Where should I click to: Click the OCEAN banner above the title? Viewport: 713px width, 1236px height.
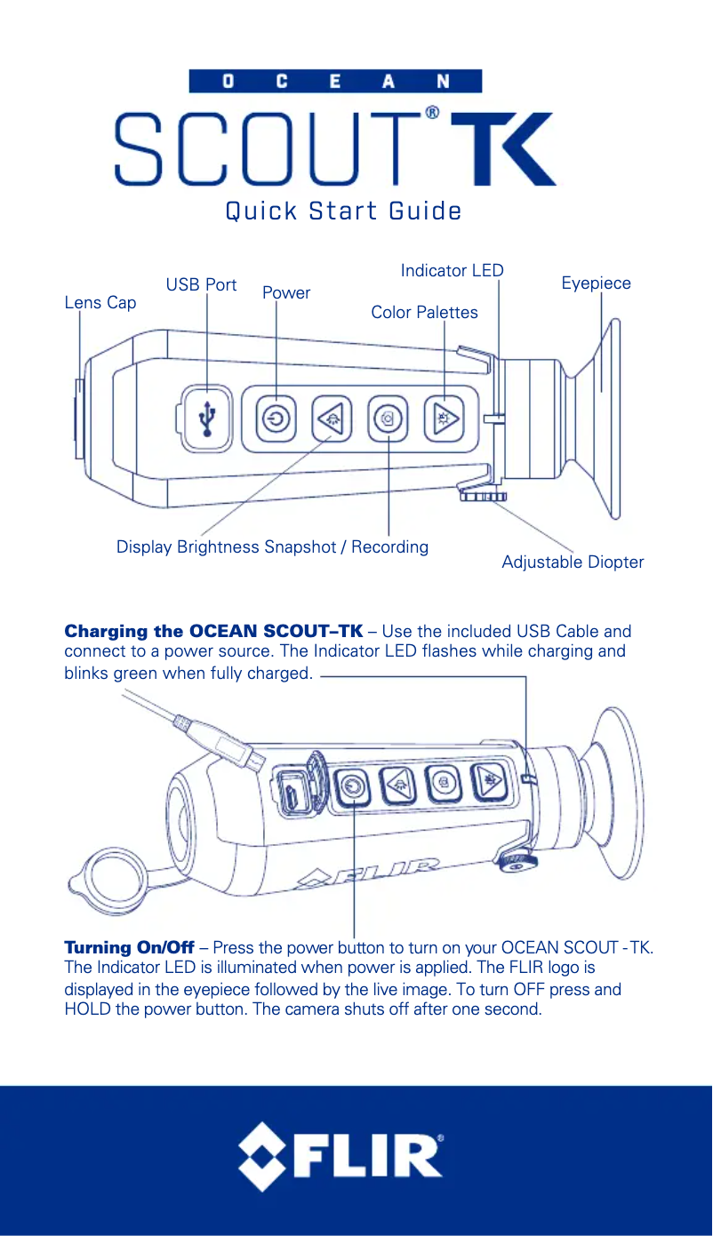click(335, 82)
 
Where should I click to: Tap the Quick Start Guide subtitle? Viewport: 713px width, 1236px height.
click(343, 211)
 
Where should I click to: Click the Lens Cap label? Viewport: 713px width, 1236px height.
click(100, 303)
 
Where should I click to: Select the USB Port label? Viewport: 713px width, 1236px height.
click(201, 284)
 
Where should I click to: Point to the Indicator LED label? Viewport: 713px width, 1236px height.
click(452, 270)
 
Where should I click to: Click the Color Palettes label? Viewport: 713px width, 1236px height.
click(424, 312)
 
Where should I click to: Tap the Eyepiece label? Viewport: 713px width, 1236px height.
click(596, 283)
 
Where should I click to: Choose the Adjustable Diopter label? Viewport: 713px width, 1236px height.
click(573, 562)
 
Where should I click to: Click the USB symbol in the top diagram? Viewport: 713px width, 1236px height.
click(207, 418)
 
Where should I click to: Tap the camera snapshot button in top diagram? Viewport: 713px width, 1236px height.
click(389, 418)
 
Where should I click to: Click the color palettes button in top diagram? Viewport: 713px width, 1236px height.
click(444, 418)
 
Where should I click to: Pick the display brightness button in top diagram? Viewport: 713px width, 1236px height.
click(332, 418)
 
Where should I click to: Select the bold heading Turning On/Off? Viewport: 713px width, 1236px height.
click(129, 947)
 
